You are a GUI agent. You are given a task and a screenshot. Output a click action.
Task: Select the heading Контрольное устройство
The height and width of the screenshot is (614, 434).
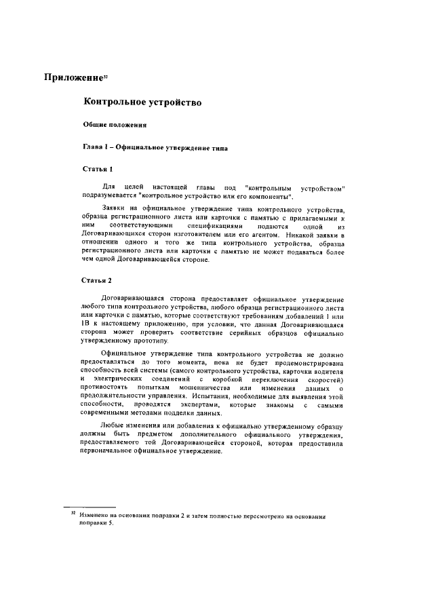point(142,102)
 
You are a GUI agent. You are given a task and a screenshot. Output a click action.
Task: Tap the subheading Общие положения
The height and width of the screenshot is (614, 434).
point(110,125)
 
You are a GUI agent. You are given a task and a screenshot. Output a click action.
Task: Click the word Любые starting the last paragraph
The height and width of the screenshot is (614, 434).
point(113,426)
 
